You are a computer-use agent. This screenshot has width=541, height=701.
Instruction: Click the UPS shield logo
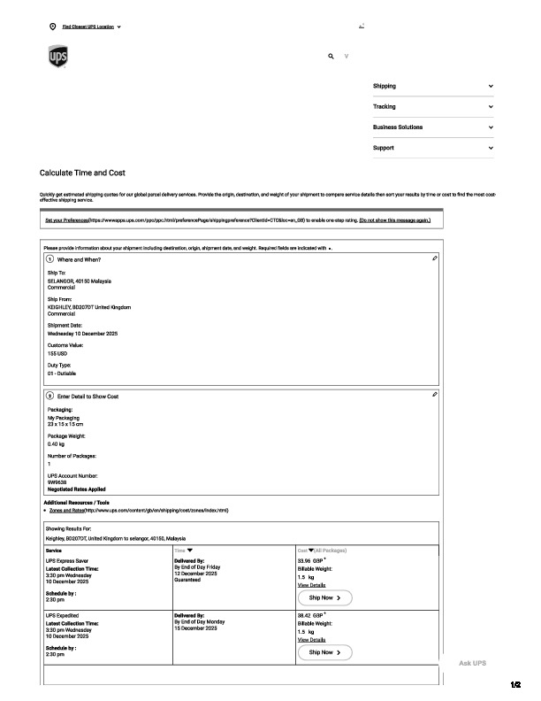(57, 58)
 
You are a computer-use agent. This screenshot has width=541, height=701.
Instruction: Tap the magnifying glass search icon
(331, 56)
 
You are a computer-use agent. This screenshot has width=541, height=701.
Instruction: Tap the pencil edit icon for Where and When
(435, 258)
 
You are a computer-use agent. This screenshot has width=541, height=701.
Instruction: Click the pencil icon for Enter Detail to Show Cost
(435, 394)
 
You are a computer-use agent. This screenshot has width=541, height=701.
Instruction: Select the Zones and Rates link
(66, 511)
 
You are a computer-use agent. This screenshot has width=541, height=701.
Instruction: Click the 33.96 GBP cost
(310, 561)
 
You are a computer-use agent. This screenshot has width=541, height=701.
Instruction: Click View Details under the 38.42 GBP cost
(311, 639)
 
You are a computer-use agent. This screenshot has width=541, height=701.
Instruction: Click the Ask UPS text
(472, 663)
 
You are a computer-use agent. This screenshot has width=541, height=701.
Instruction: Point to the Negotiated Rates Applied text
(77, 489)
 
